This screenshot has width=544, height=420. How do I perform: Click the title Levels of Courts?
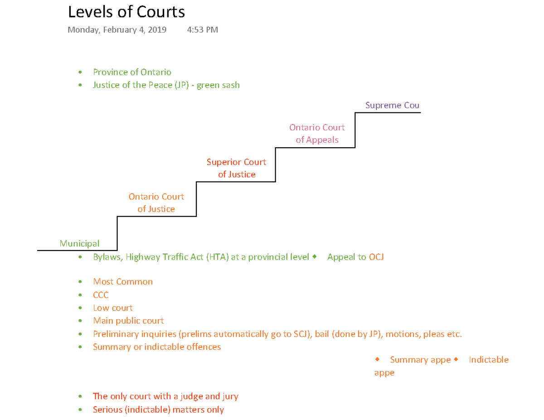(126, 12)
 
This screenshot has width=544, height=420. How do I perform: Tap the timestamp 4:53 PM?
(202, 30)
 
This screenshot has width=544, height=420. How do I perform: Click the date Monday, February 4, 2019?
(117, 30)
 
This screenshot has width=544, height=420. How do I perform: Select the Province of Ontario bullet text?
(132, 72)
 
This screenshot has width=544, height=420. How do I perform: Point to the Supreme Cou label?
(392, 106)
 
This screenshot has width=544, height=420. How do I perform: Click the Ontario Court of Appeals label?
(317, 134)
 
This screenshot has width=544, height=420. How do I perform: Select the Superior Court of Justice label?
(236, 168)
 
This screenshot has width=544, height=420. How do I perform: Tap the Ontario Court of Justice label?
(156, 203)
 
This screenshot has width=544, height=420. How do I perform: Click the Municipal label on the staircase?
(79, 244)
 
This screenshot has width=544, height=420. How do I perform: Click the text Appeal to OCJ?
(355, 257)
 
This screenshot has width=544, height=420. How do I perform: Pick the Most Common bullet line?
(123, 282)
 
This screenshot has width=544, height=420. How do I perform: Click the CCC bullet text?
(101, 295)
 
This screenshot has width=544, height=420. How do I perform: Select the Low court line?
(112, 308)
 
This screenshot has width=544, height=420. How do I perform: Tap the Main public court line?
(128, 321)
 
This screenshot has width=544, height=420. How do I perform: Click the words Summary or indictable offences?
(157, 347)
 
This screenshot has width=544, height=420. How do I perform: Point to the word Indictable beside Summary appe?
(489, 360)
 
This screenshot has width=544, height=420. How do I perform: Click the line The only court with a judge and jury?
(165, 396)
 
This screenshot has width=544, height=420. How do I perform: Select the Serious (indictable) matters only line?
(158, 410)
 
